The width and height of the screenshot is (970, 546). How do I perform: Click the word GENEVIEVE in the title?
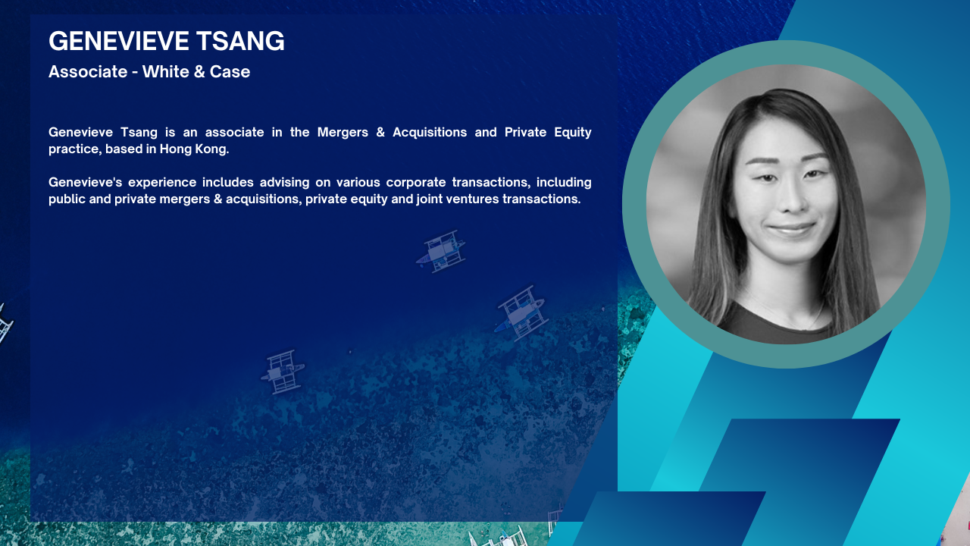pyautogui.click(x=119, y=41)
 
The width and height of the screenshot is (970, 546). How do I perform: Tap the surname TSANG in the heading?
pyautogui.click(x=241, y=41)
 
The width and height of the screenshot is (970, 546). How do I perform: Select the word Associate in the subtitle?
pyautogui.click(x=88, y=71)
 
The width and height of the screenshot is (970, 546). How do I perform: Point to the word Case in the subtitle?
pyautogui.click(x=230, y=72)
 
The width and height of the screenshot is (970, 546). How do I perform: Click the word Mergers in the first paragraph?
pyautogui.click(x=343, y=133)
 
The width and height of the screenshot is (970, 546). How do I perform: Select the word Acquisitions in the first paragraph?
pyautogui.click(x=430, y=132)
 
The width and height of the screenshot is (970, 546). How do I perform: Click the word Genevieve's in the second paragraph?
pyautogui.click(x=86, y=182)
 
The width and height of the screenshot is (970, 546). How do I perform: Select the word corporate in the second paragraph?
pyautogui.click(x=416, y=183)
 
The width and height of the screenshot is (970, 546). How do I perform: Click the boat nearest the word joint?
pyautogui.click(x=441, y=251)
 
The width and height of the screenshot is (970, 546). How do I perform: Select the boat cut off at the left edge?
pyautogui.click(x=5, y=324)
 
